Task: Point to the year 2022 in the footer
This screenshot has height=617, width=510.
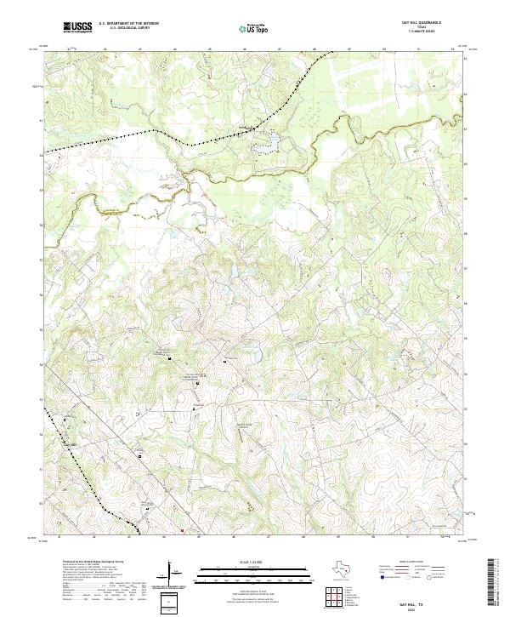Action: (x=421, y=607)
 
